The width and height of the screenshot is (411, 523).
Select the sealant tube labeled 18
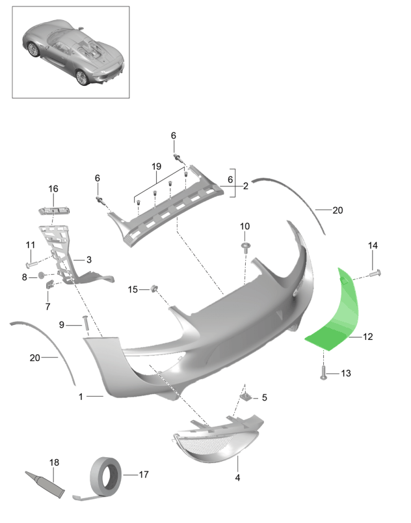point(45,485)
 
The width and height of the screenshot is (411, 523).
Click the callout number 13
point(346,373)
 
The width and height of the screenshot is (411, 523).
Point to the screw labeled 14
point(375,274)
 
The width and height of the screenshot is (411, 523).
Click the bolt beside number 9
point(85,323)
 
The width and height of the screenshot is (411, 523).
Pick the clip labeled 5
point(245,397)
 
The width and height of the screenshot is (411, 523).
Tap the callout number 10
point(245,226)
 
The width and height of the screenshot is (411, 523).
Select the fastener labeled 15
point(154,289)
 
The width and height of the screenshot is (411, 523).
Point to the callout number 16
point(53,189)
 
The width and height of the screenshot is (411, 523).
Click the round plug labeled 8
point(42,275)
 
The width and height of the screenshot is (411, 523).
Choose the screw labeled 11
point(31,264)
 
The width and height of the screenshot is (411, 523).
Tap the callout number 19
point(157,166)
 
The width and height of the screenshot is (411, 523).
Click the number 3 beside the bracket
point(89,259)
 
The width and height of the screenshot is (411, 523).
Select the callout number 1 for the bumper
point(81,397)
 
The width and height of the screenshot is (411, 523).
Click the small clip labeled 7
point(50,285)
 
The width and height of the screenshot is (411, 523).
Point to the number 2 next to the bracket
point(245,186)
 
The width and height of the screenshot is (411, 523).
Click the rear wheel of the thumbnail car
point(81,77)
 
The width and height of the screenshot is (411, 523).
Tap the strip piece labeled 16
point(54,211)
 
